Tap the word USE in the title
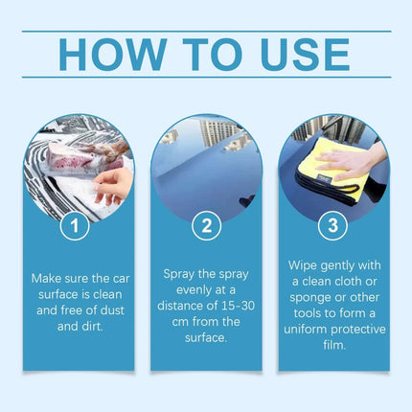306,55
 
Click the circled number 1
75,226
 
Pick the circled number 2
207,226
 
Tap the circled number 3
332,225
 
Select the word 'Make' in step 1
45,279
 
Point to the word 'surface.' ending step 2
206,337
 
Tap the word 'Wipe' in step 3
303,265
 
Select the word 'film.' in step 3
334,345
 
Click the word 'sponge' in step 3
309,298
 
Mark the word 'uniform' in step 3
305,329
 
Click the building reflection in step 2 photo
219,132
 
